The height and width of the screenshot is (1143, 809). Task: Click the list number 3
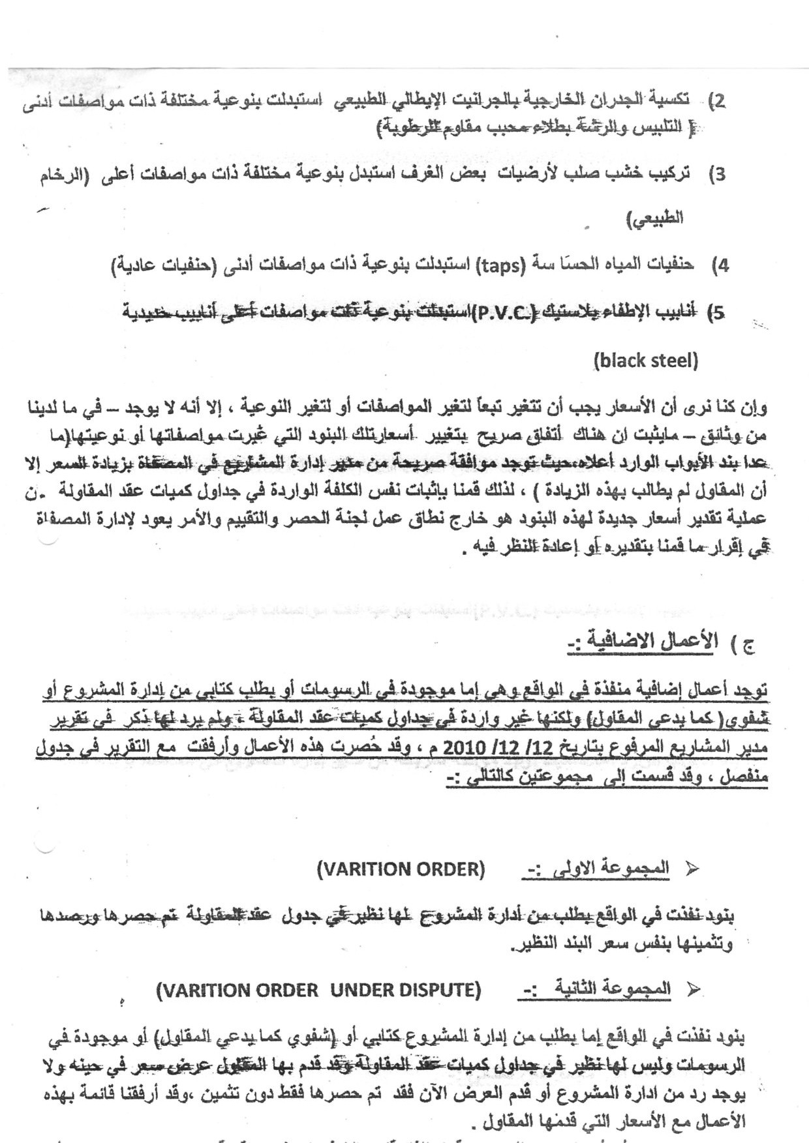tap(720, 175)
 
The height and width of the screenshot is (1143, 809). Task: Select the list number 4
tap(722, 265)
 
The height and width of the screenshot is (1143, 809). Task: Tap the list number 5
tap(719, 313)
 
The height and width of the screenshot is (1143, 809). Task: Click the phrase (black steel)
tap(646, 361)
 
